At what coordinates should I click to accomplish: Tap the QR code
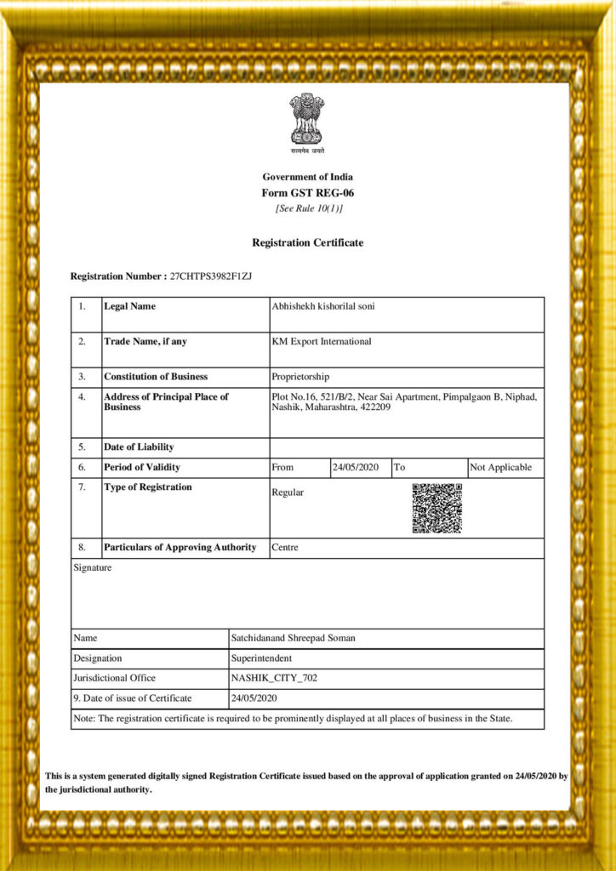[436, 508]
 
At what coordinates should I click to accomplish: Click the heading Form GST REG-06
[307, 193]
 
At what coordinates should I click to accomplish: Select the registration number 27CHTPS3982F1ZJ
[211, 276]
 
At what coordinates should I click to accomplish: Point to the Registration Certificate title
[307, 243]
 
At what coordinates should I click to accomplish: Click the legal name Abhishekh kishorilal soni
[322, 306]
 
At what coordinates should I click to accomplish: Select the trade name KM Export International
[322, 342]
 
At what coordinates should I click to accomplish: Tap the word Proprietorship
[300, 377]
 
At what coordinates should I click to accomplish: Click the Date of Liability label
[139, 447]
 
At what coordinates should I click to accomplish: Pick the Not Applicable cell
[500, 467]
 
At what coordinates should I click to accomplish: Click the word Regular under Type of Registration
[288, 492]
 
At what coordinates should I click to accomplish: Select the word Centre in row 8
[285, 548]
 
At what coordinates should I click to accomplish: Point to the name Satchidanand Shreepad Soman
[294, 638]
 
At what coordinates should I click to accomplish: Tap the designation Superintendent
[262, 658]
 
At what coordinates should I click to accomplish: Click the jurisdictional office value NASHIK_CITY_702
[274, 679]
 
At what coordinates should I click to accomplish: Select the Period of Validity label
[142, 467]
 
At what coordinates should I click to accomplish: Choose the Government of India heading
[307, 177]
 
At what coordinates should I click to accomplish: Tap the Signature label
[92, 567]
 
